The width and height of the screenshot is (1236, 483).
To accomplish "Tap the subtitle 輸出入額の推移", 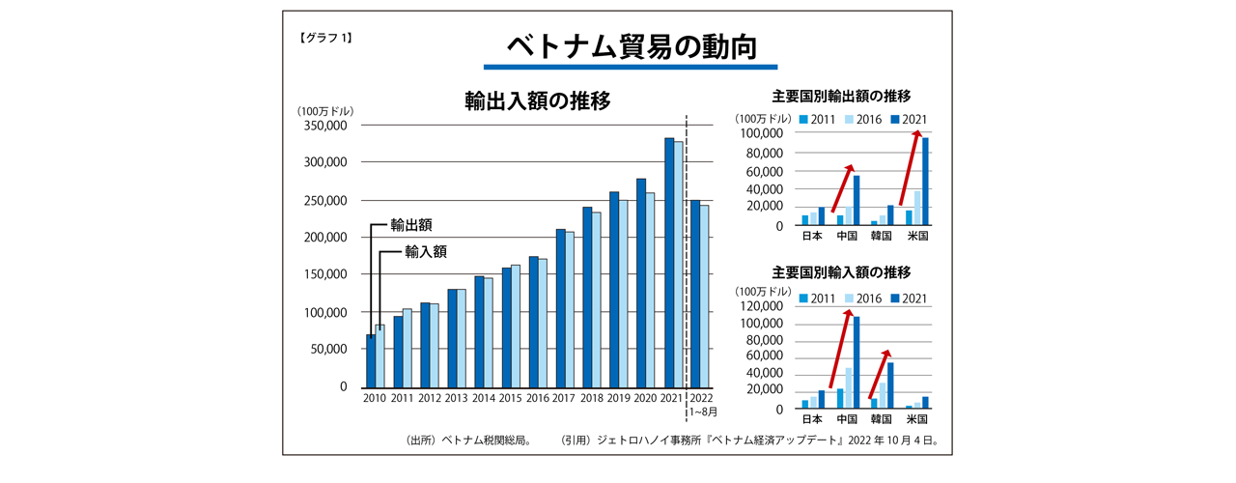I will pyautogui.click(x=537, y=101).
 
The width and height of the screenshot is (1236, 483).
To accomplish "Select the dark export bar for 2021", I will pyautogui.click(x=669, y=261).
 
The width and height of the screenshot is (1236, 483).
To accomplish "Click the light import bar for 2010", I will pyautogui.click(x=379, y=355).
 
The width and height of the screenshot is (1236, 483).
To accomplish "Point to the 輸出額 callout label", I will pyautogui.click(x=410, y=225).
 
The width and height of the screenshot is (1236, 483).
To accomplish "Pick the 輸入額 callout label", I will pyautogui.click(x=426, y=251).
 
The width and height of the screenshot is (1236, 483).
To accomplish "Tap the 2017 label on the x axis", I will pyautogui.click(x=564, y=397).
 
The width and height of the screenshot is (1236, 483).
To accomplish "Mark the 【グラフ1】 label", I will pyautogui.click(x=325, y=39).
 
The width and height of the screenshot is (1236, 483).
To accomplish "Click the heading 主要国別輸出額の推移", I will pyautogui.click(x=841, y=96).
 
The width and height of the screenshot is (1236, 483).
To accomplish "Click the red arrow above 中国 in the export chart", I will pyautogui.click(x=842, y=188).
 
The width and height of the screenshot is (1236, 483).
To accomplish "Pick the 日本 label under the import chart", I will pyautogui.click(x=812, y=420).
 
